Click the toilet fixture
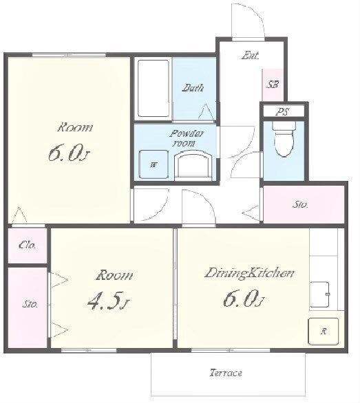click(284, 139)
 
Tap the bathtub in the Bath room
click(153, 89)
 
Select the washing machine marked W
click(153, 164)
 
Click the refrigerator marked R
click(324, 331)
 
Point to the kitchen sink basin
click(319, 294)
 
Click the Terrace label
click(226, 373)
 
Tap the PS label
click(283, 112)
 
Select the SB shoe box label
click(273, 85)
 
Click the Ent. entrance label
click(250, 56)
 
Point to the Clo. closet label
click(28, 246)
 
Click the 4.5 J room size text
click(108, 301)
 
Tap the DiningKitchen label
click(249, 273)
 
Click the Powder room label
click(187, 138)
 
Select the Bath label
click(193, 88)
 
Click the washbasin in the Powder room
click(193, 166)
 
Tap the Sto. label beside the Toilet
click(300, 205)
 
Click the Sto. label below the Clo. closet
click(30, 305)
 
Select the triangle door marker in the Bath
click(207, 112)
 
